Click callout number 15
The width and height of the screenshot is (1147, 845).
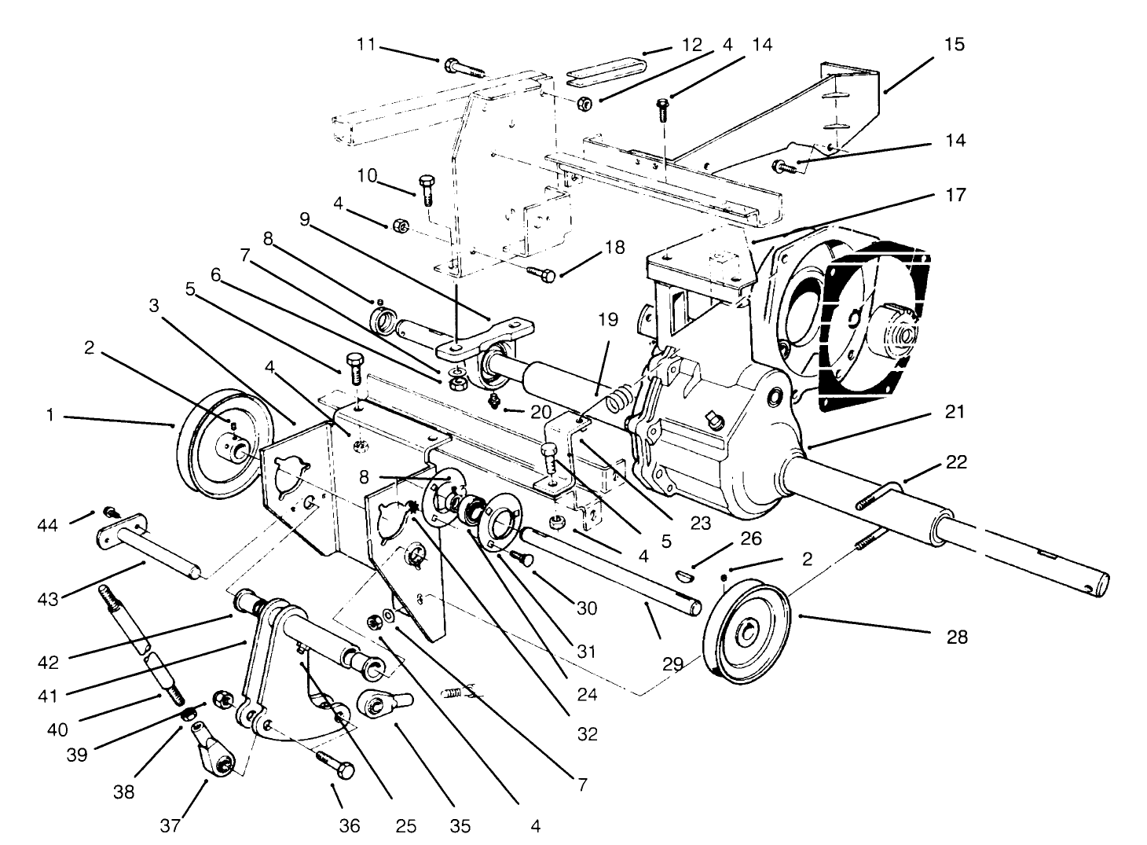pyautogui.click(x=954, y=45)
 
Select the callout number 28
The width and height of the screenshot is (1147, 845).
pyautogui.click(x=956, y=637)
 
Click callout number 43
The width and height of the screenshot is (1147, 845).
pyautogui.click(x=49, y=599)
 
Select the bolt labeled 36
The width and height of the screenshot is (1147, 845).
pyautogui.click(x=335, y=763)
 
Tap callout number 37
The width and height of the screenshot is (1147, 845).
pyautogui.click(x=171, y=825)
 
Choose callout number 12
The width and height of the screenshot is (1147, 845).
pyautogui.click(x=691, y=45)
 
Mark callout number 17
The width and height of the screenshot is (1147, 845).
pyautogui.click(x=955, y=194)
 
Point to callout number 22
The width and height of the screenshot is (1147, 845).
pyautogui.click(x=955, y=463)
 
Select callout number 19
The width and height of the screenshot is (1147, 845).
pyautogui.click(x=607, y=320)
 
